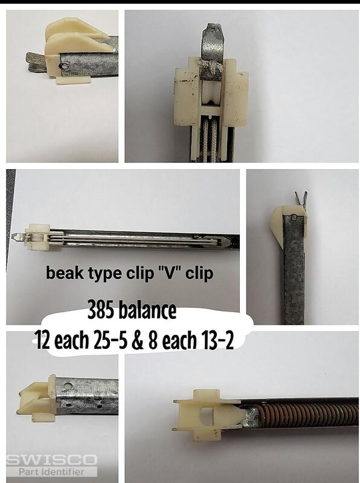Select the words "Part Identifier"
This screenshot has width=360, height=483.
click(x=51, y=472)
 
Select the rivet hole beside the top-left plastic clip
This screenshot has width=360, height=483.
click(x=63, y=66)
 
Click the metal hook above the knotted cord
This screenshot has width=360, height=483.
click(x=213, y=40)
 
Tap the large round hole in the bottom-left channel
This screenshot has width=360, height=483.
click(x=68, y=385)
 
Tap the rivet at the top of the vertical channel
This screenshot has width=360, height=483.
click(x=294, y=218)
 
